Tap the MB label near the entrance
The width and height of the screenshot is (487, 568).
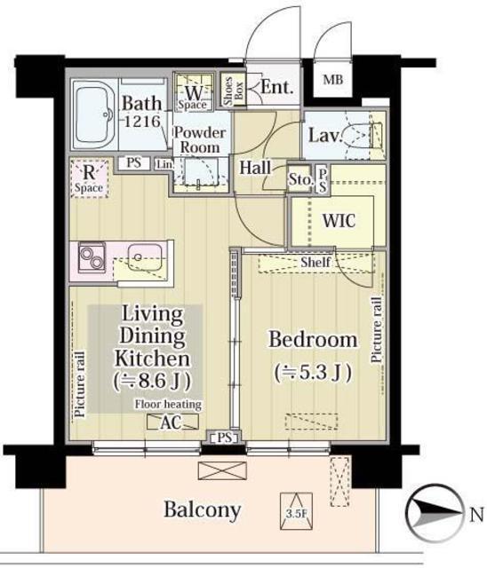tap(333, 79)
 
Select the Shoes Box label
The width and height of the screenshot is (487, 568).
tap(233, 91)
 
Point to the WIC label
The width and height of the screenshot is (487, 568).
tap(339, 220)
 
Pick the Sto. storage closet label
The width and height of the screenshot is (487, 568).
tap(300, 178)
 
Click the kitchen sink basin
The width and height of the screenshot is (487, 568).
tap(145, 257)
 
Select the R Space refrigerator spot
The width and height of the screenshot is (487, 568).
tap(89, 178)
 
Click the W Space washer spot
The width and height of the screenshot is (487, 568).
tap(193, 91)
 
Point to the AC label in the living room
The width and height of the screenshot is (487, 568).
tap(171, 422)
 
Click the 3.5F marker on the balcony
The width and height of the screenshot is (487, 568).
tap(296, 510)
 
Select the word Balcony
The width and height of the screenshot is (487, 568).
tap(203, 509)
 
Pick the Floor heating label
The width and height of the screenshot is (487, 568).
tap(168, 405)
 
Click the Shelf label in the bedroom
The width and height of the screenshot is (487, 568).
tap(315, 262)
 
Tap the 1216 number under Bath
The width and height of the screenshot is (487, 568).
tap(142, 121)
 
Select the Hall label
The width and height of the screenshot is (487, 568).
tap(255, 168)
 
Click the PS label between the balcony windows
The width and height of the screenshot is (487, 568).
tap(225, 438)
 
